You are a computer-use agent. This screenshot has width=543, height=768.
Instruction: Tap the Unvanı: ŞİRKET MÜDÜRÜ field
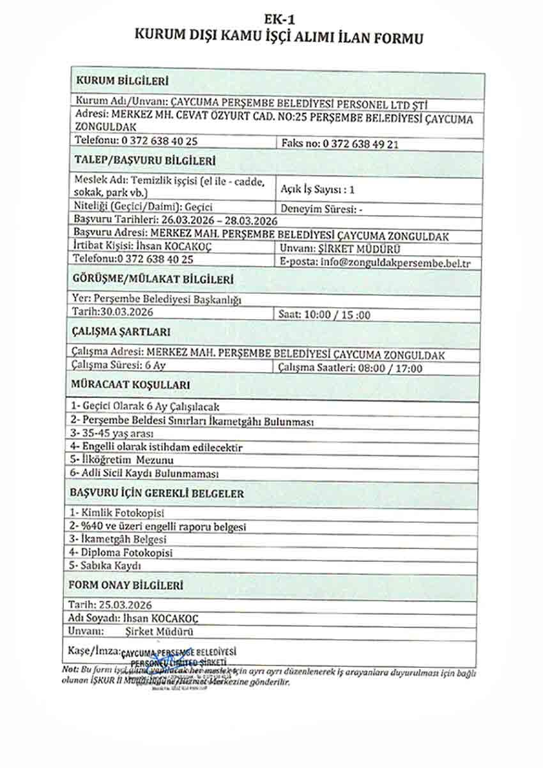click(x=331, y=248)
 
